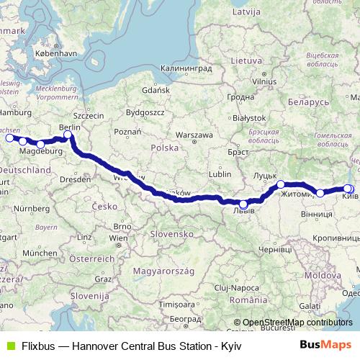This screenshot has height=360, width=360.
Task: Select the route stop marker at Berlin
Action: coord(68,135)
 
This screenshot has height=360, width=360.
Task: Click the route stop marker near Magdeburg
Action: coord(40,144)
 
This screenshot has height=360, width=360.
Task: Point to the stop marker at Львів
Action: coord(243,204)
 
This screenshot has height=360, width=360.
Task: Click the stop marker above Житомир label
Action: coord(281,185)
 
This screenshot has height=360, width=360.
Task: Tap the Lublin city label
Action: coord(220,174)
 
